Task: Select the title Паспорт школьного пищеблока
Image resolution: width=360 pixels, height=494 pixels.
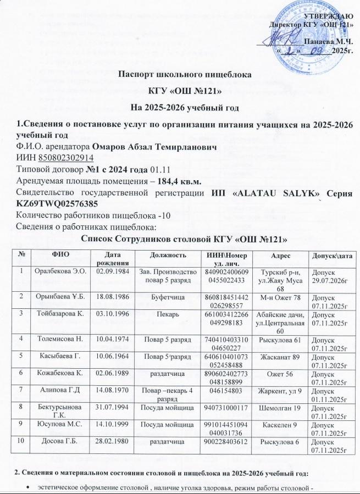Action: tap(179, 74)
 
